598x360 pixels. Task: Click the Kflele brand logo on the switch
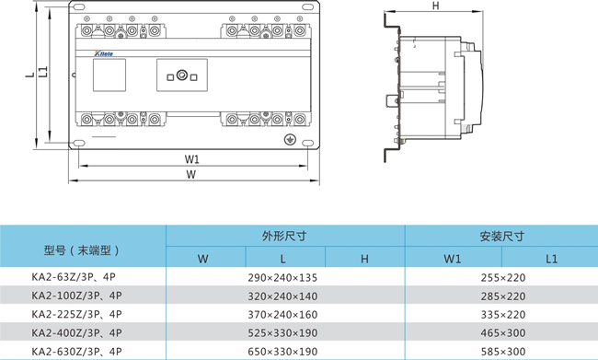104,53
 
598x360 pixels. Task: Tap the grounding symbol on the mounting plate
290,140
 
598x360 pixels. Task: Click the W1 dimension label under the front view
192,158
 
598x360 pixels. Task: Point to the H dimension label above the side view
435,6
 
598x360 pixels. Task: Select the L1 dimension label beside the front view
44,72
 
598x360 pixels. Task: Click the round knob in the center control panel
182,75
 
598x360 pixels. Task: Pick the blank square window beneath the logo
109,75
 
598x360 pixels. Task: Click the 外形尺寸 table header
284,236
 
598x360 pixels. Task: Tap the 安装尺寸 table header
502,237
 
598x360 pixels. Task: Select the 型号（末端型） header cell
82,250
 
